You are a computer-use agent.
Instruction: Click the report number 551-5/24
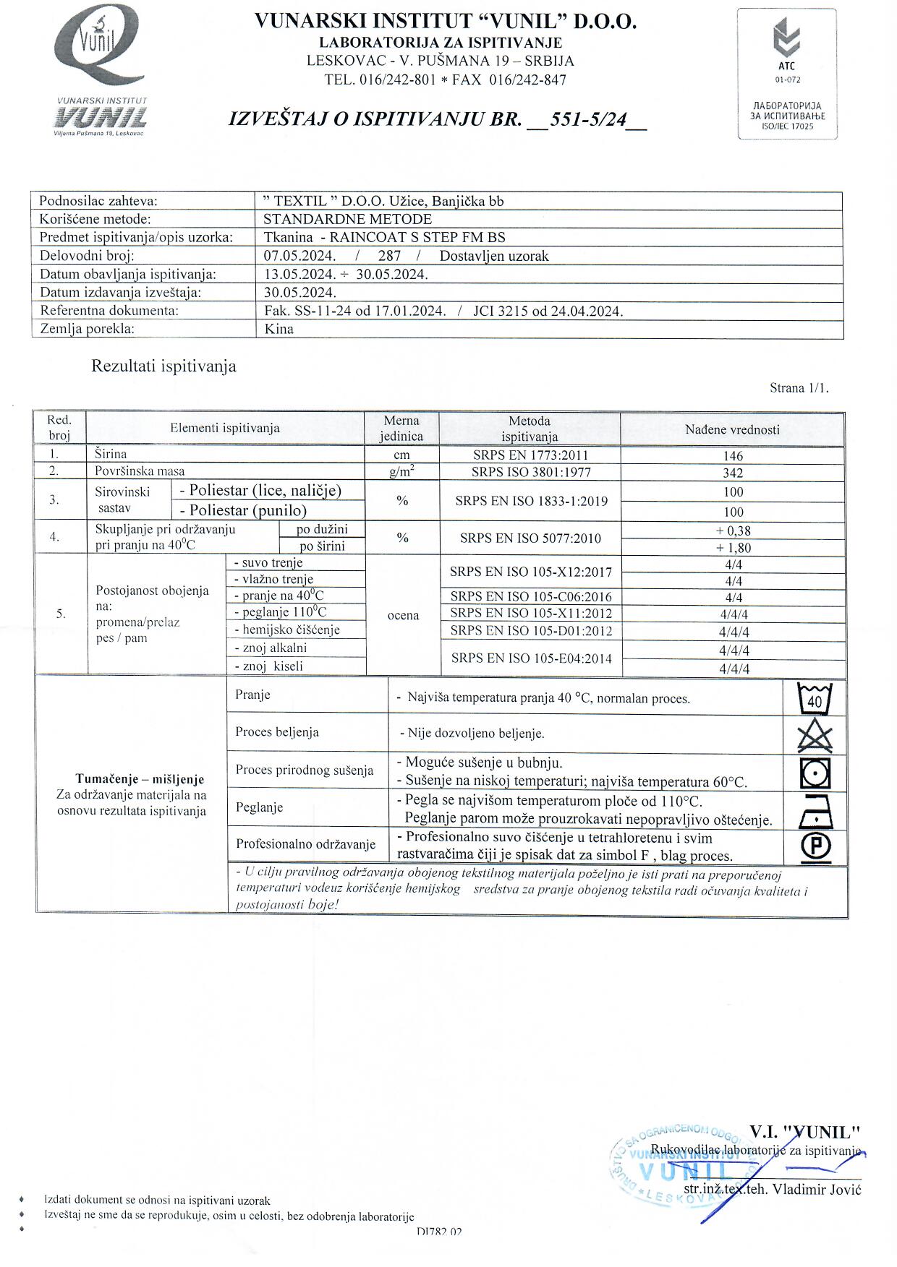(587, 119)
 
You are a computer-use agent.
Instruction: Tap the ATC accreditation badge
(787, 74)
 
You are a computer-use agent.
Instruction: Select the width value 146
(733, 456)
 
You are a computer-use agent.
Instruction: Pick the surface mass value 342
(733, 473)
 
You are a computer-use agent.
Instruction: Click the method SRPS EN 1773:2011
(530, 455)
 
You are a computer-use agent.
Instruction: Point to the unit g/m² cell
(401, 472)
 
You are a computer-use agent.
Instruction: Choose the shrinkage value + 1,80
(733, 548)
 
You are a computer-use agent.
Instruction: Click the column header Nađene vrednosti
(732, 429)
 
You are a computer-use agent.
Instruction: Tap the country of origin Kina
(279, 329)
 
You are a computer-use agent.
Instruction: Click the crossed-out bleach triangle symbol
(815, 736)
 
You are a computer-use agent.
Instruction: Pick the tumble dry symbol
(815, 773)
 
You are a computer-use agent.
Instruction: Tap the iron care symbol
(815, 812)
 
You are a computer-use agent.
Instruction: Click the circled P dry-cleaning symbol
(815, 846)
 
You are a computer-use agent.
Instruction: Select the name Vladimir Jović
(817, 1190)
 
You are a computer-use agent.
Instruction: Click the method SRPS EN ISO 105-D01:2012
(531, 631)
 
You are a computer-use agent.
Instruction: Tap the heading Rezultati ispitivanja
(163, 366)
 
